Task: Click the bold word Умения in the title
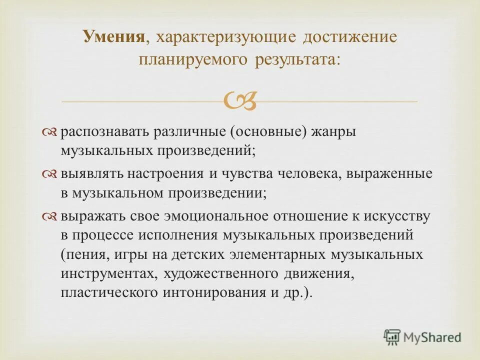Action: (x=114, y=37)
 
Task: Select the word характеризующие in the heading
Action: (x=220, y=38)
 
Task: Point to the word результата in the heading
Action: (x=298, y=59)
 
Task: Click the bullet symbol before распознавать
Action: (x=50, y=132)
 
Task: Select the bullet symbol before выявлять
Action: (x=50, y=174)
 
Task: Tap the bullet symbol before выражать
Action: (x=50, y=216)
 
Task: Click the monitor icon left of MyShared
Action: (x=392, y=337)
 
